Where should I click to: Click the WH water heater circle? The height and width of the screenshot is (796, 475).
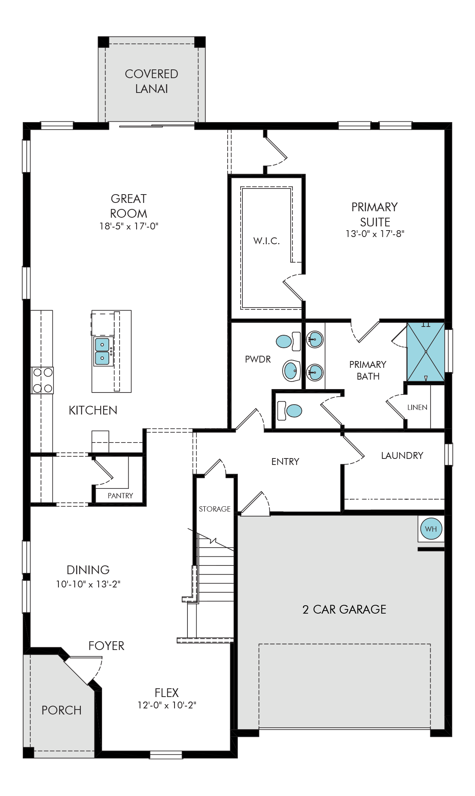[431, 529]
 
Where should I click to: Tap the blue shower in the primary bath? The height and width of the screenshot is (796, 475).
[426, 352]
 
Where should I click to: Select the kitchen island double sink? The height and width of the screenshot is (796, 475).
[102, 351]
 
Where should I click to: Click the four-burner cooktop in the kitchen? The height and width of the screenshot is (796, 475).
[42, 380]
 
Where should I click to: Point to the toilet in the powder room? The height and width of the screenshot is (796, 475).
[288, 341]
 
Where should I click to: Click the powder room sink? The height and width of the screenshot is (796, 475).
[291, 371]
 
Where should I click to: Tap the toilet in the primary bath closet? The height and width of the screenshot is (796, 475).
[290, 411]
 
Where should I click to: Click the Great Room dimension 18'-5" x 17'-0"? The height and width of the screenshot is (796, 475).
[129, 226]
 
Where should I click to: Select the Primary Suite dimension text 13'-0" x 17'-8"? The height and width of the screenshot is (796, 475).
[375, 234]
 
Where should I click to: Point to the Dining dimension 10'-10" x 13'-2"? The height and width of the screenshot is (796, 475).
[88, 584]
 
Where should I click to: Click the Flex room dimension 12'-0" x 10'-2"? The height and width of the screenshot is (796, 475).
[167, 705]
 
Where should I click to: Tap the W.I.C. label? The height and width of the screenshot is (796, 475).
[266, 241]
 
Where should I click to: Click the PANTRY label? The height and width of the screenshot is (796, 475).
[120, 496]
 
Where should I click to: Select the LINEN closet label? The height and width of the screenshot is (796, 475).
[417, 407]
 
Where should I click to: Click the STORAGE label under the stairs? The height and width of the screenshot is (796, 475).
[215, 509]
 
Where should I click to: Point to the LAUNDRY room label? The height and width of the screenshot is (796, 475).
[402, 455]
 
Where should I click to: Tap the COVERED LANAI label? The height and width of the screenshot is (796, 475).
[151, 81]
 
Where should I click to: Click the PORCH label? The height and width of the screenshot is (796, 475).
[61, 710]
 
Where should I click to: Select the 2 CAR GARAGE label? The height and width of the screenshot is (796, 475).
[344, 609]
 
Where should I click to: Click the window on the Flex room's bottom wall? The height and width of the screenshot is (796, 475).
[166, 755]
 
